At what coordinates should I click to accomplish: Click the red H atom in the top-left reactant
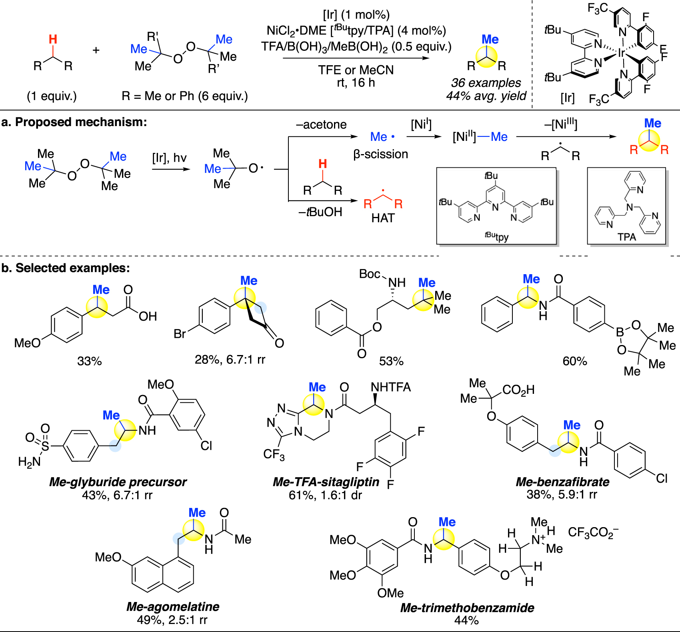(x=53, y=39)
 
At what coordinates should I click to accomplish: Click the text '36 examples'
(x=486, y=83)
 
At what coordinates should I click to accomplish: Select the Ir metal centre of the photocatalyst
(x=621, y=53)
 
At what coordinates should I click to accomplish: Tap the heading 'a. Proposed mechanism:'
(x=74, y=122)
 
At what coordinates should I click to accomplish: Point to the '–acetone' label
(x=321, y=125)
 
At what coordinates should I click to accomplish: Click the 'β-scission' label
(x=380, y=154)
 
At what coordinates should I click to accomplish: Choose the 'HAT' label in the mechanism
(x=383, y=218)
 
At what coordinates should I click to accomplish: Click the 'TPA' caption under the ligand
(x=626, y=237)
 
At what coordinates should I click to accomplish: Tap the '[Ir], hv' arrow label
(x=169, y=158)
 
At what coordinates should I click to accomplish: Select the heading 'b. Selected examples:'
(x=66, y=268)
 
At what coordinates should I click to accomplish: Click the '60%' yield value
(x=575, y=361)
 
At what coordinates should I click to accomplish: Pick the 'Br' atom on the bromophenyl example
(x=180, y=333)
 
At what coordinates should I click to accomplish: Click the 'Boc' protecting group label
(x=369, y=274)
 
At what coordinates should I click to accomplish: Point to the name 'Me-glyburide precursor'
(x=118, y=482)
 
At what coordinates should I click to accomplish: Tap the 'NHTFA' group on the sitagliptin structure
(x=391, y=387)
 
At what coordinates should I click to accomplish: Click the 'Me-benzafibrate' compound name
(x=562, y=482)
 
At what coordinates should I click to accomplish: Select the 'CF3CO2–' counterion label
(x=593, y=532)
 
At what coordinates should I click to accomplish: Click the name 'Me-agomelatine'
(x=173, y=606)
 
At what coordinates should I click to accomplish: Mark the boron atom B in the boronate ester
(x=620, y=332)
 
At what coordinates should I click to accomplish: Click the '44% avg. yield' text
(x=486, y=96)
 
